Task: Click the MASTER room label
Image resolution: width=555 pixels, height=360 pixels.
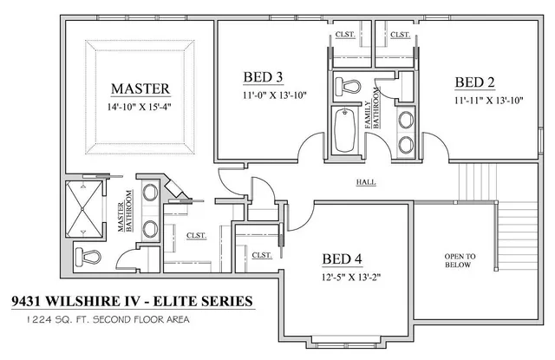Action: (140, 88)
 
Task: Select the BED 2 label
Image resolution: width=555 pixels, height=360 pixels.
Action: (475, 82)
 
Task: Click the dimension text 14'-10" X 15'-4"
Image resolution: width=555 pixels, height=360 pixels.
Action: (140, 108)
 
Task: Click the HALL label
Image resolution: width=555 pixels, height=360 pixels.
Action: (365, 183)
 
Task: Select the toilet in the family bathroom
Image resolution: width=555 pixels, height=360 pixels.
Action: (350, 87)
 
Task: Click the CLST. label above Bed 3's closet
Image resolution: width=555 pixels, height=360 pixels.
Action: (345, 35)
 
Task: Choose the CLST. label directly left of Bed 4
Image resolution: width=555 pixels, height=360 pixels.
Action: (261, 255)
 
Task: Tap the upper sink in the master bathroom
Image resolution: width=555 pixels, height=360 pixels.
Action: (149, 193)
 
